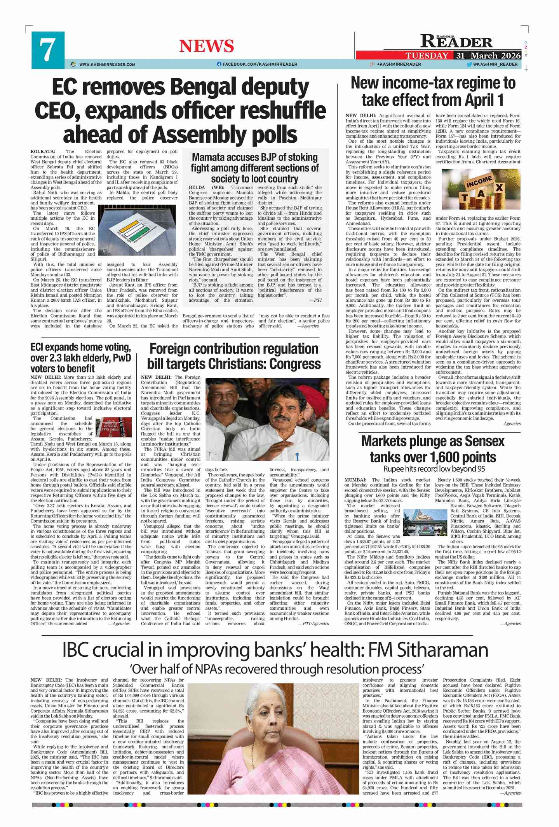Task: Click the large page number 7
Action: (x=47, y=50)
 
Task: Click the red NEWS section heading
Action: (x=206, y=46)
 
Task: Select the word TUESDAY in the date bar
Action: (x=427, y=56)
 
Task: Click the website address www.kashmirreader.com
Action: (x=107, y=65)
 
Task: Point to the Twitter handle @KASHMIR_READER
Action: (x=495, y=64)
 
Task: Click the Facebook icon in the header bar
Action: (x=219, y=64)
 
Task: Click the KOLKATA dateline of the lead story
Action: (x=43, y=152)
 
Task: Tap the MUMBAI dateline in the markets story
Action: (x=355, y=480)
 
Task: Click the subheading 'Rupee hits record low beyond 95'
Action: (x=434, y=469)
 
